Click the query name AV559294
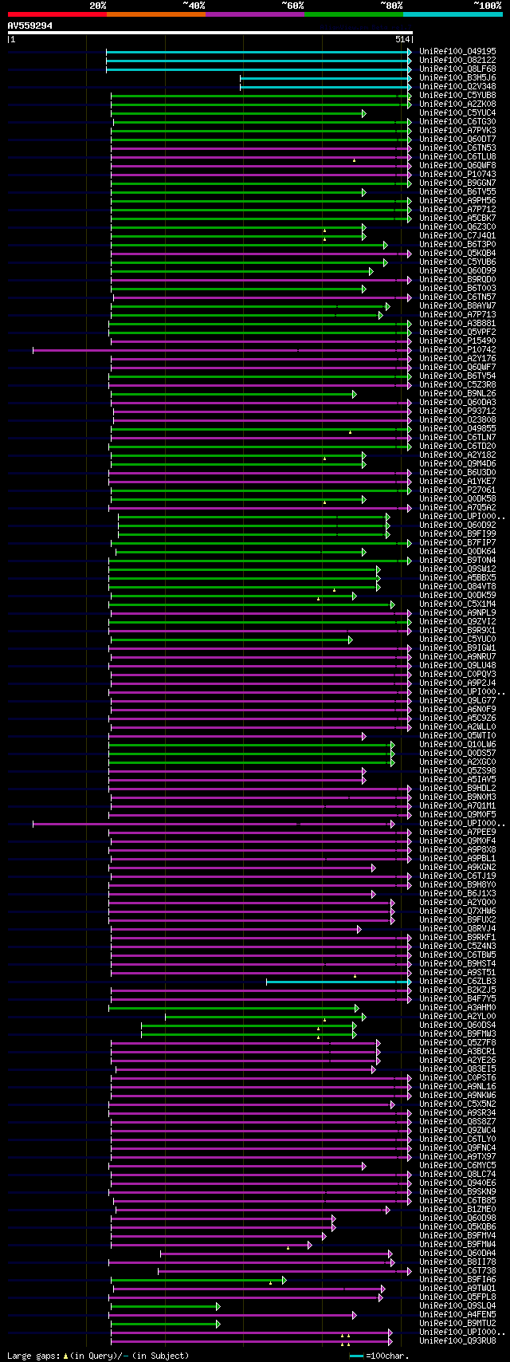click(30, 26)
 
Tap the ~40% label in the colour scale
click(194, 6)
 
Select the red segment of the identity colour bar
click(57, 14)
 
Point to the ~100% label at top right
click(487, 6)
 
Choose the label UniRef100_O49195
click(457, 52)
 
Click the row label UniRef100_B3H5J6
click(457, 78)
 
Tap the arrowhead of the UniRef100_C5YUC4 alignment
click(363, 113)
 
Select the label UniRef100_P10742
click(457, 350)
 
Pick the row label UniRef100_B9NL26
click(457, 394)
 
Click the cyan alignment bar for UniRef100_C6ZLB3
click(335, 982)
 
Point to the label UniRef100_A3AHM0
click(457, 1008)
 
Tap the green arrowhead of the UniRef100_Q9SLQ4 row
click(218, 1306)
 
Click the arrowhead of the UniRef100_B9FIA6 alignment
click(284, 1280)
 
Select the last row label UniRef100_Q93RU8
click(457, 1341)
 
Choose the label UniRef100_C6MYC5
click(457, 1166)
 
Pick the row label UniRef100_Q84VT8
click(457, 587)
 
